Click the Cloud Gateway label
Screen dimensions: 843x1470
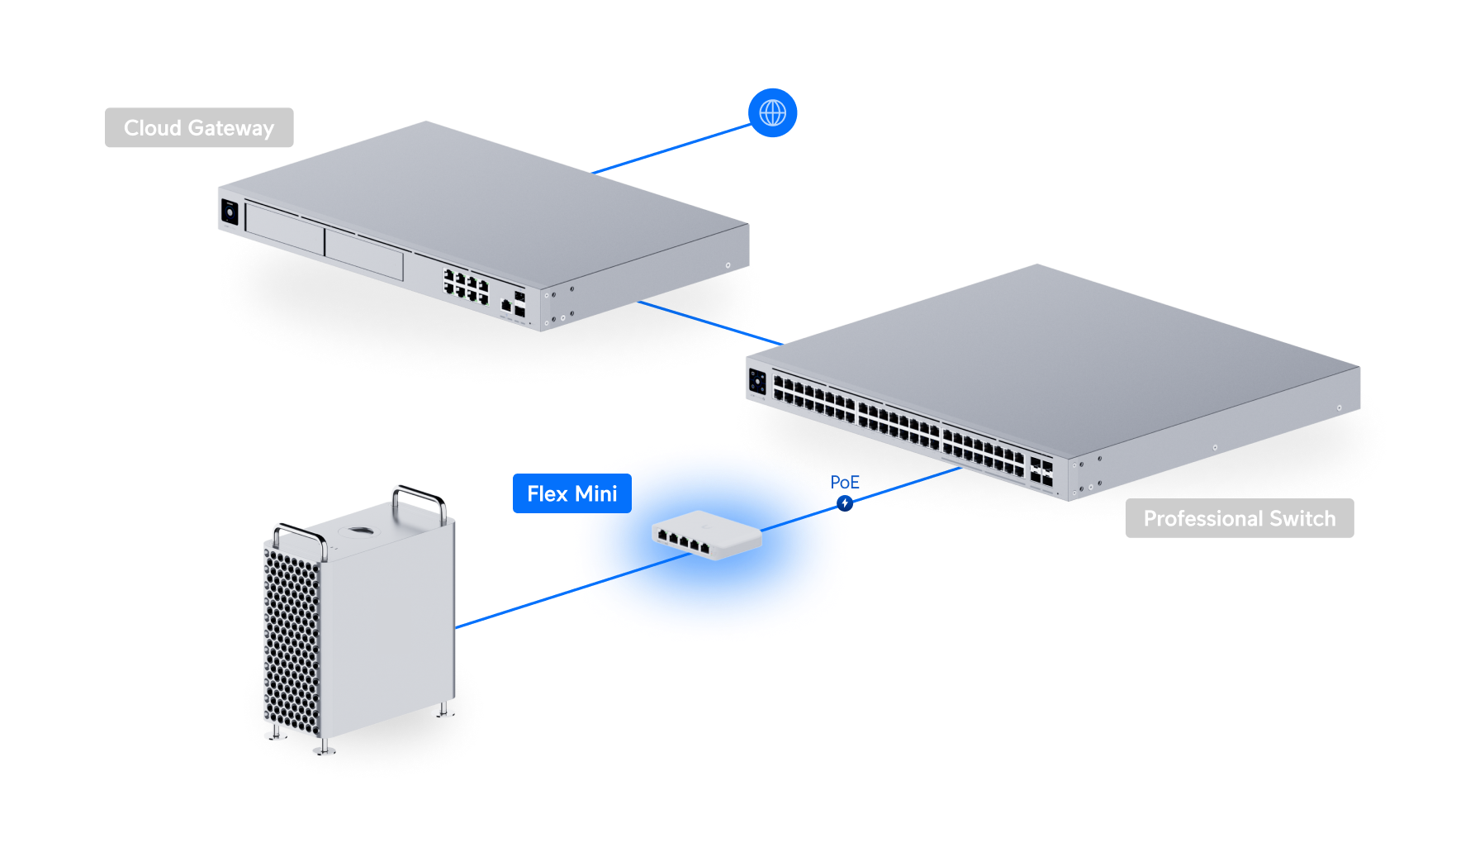coord(199,128)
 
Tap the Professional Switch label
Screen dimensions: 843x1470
coord(1239,518)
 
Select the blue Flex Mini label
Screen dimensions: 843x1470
coord(571,493)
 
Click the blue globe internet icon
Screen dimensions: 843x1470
coord(772,112)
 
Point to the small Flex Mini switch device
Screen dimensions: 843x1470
coord(707,536)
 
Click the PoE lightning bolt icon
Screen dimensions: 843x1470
coord(844,502)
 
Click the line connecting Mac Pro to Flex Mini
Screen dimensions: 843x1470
coord(516,608)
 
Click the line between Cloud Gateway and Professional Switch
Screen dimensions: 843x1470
coord(710,323)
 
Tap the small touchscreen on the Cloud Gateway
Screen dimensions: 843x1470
coord(229,212)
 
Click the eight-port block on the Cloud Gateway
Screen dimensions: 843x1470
coord(466,285)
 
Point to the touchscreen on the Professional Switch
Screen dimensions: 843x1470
coord(757,382)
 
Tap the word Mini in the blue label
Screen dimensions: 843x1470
coord(596,493)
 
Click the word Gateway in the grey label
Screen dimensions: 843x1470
coord(230,128)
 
